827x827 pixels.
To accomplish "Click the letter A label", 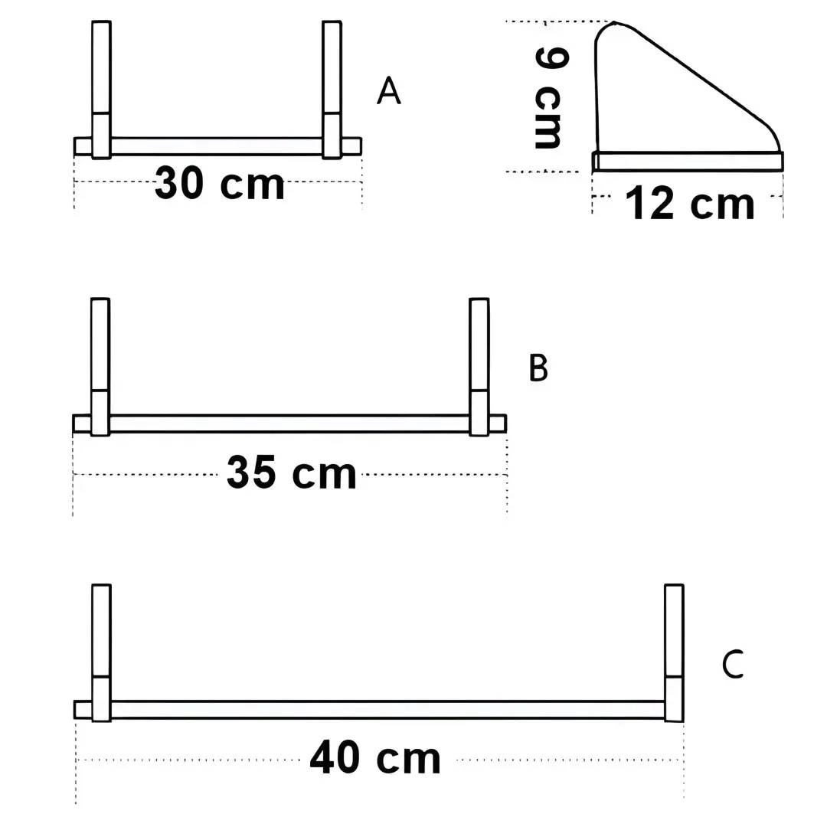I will [x=388, y=91].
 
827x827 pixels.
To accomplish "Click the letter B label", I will [x=538, y=368].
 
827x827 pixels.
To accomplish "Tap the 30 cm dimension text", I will [x=220, y=184].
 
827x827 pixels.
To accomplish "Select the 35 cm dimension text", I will [x=292, y=474].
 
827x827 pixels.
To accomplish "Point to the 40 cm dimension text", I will [x=375, y=759].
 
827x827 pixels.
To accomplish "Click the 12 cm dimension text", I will [x=690, y=204].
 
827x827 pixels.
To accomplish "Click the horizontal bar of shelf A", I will [x=217, y=146].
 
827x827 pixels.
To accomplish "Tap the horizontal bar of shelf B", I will [x=289, y=423].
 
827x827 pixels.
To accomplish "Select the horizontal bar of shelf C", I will [x=387, y=709].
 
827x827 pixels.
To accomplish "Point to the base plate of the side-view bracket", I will [x=688, y=161].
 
